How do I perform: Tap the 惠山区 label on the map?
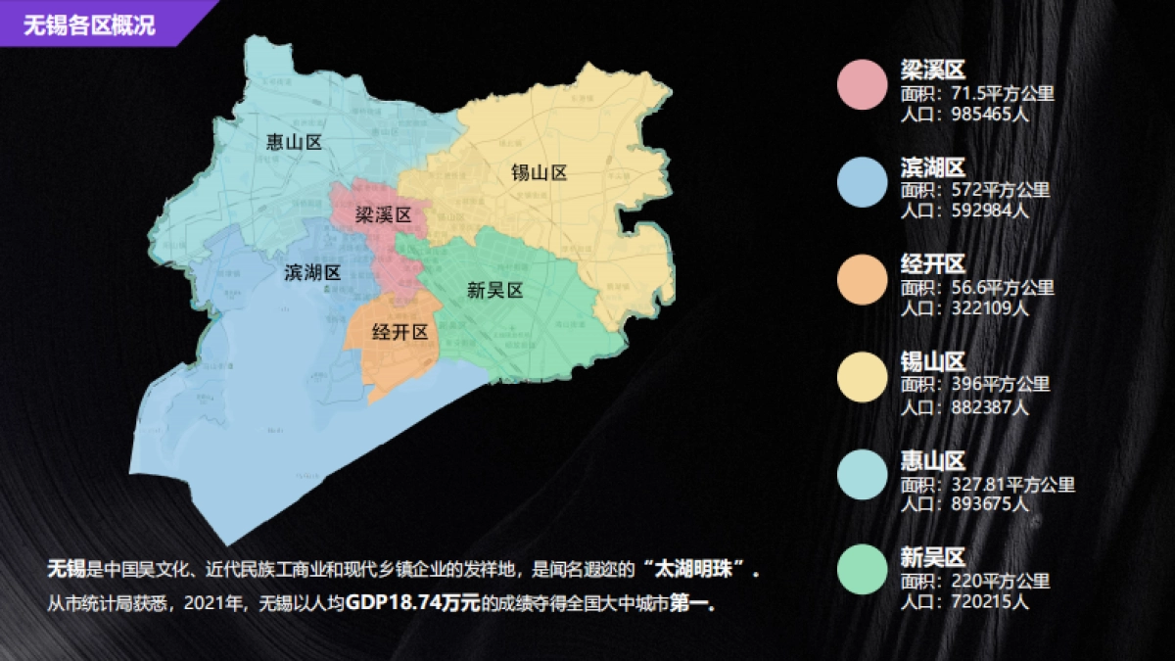(294, 143)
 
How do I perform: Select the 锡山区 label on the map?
(540, 173)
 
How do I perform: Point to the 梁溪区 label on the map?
(382, 214)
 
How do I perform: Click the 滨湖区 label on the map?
(312, 272)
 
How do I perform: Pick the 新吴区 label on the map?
(495, 290)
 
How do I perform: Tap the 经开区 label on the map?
(400, 332)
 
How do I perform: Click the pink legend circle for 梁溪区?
(862, 83)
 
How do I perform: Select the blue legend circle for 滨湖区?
(862, 180)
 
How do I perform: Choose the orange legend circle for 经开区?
(862, 277)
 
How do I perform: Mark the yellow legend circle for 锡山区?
(862, 375)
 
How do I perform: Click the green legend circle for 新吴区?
(862, 571)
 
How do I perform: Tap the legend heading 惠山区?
(933, 460)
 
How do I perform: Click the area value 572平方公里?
(1000, 190)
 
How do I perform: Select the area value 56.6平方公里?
(1003, 288)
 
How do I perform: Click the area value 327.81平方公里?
(1013, 484)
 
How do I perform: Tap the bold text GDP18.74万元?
(412, 603)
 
